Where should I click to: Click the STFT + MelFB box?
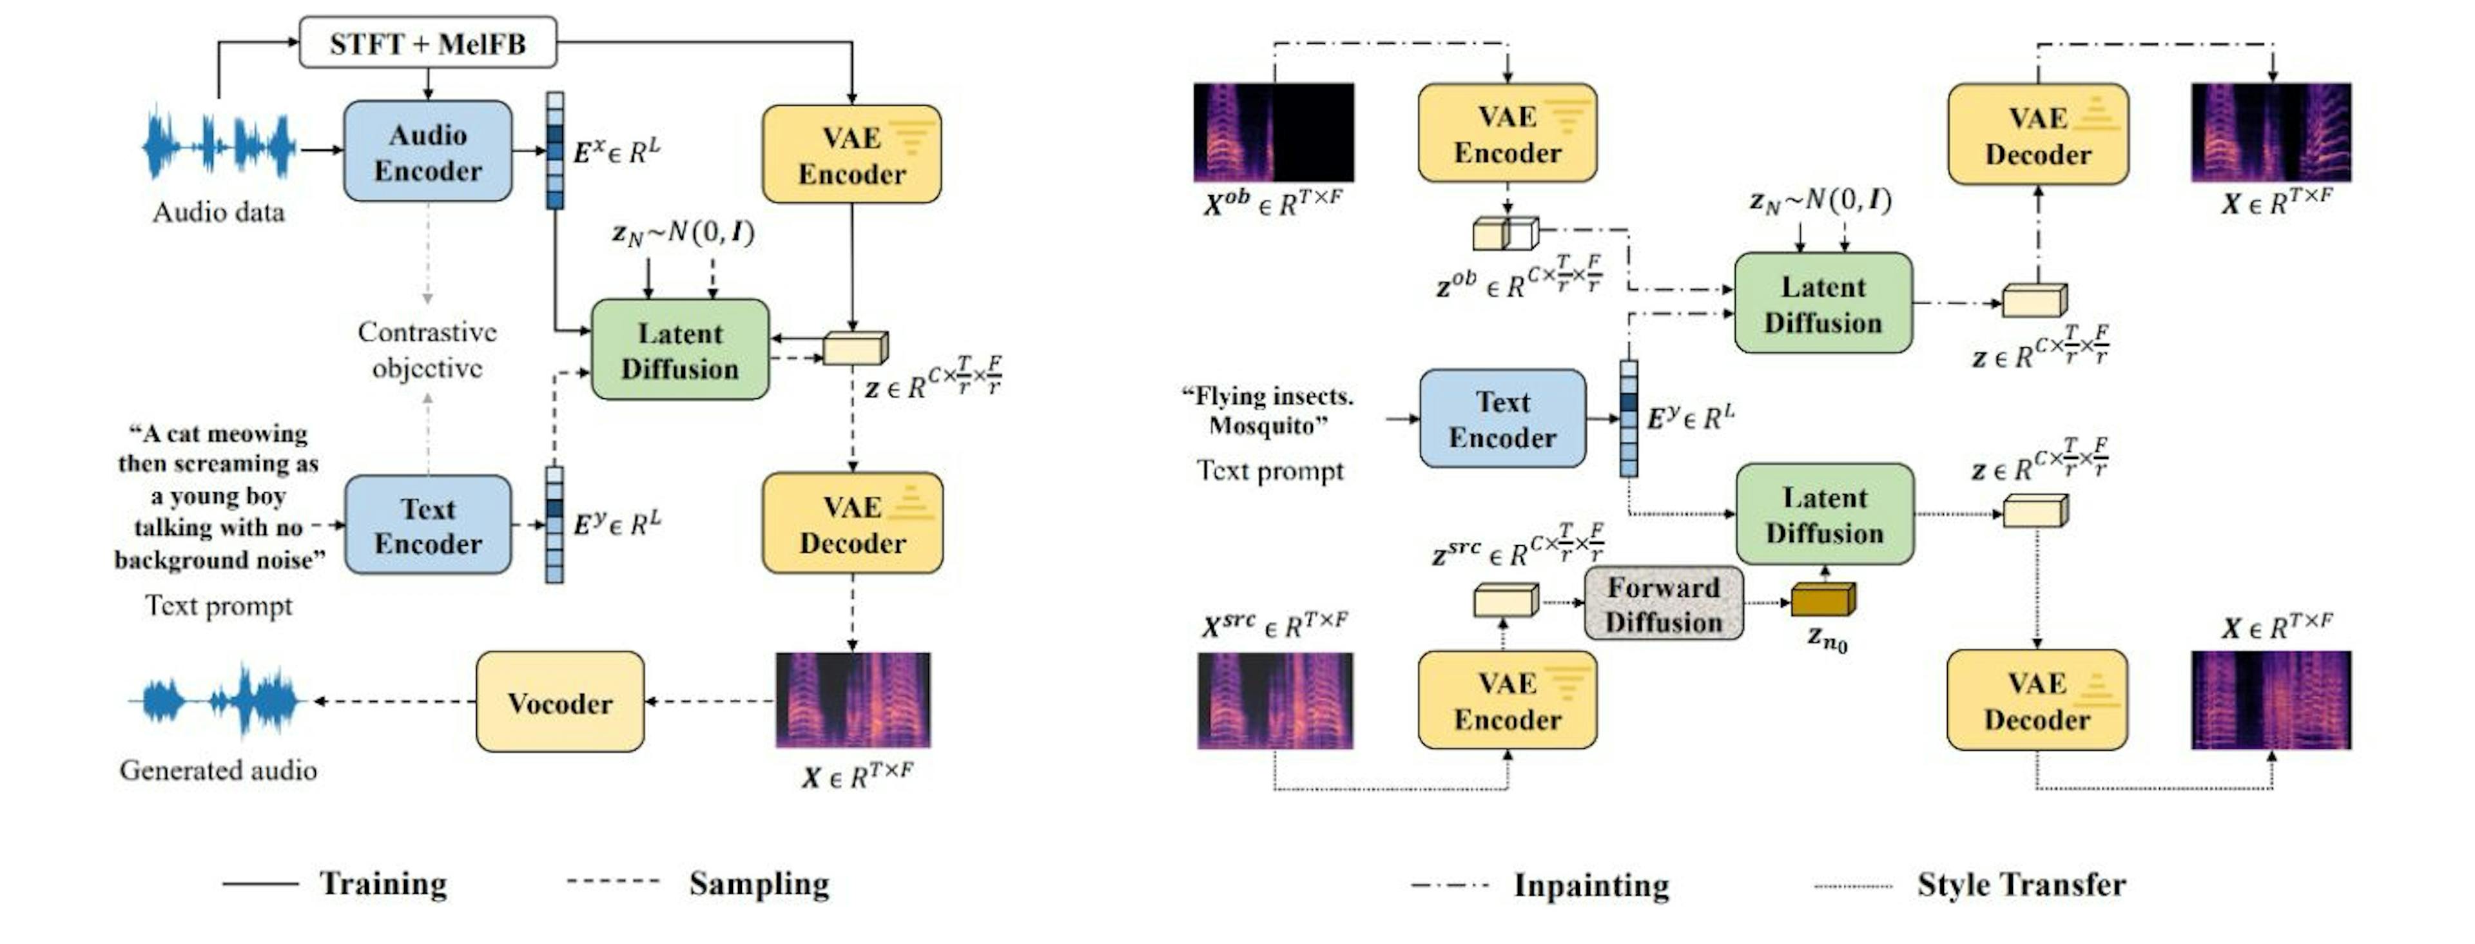coord(427,43)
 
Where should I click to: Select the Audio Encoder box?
coord(427,151)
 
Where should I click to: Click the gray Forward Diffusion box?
coord(1663,604)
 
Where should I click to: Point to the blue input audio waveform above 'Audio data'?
coord(219,146)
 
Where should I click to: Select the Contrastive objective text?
coord(427,349)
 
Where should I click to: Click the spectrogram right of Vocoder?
coord(852,700)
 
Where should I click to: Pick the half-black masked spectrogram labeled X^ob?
coord(1273,133)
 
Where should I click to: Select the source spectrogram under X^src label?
coord(1274,700)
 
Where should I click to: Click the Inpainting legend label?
coord(1591,885)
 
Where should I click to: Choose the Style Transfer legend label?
coord(2021,885)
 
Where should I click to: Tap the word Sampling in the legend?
coord(759,883)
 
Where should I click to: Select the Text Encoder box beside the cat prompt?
coord(427,525)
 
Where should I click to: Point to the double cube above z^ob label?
coord(1504,233)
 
